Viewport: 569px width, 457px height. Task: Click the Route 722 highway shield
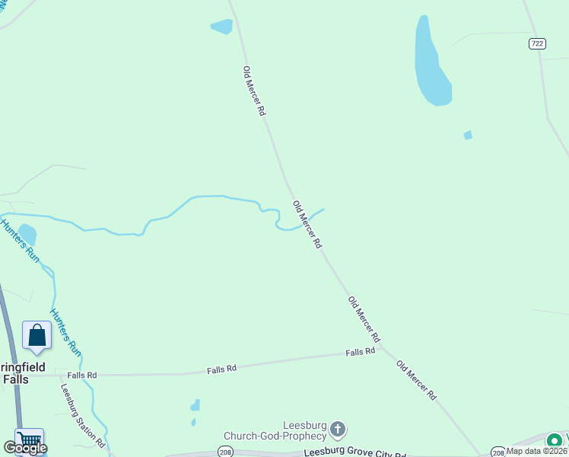point(538,44)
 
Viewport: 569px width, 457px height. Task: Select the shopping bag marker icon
point(37,336)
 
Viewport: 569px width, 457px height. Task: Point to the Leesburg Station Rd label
point(82,414)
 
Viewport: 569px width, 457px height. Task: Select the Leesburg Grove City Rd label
point(351,452)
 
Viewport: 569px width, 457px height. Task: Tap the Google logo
point(25,448)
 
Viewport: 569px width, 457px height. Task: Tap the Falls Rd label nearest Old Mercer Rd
point(361,352)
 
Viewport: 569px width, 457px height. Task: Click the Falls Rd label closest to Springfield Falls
point(82,375)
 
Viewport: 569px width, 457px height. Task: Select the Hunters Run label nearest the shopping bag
point(65,331)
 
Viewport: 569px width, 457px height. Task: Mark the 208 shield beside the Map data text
point(497,451)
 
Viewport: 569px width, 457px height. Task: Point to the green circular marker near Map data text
point(555,439)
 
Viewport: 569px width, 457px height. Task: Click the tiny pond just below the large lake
point(468,136)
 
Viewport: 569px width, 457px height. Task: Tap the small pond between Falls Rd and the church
point(195,406)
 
